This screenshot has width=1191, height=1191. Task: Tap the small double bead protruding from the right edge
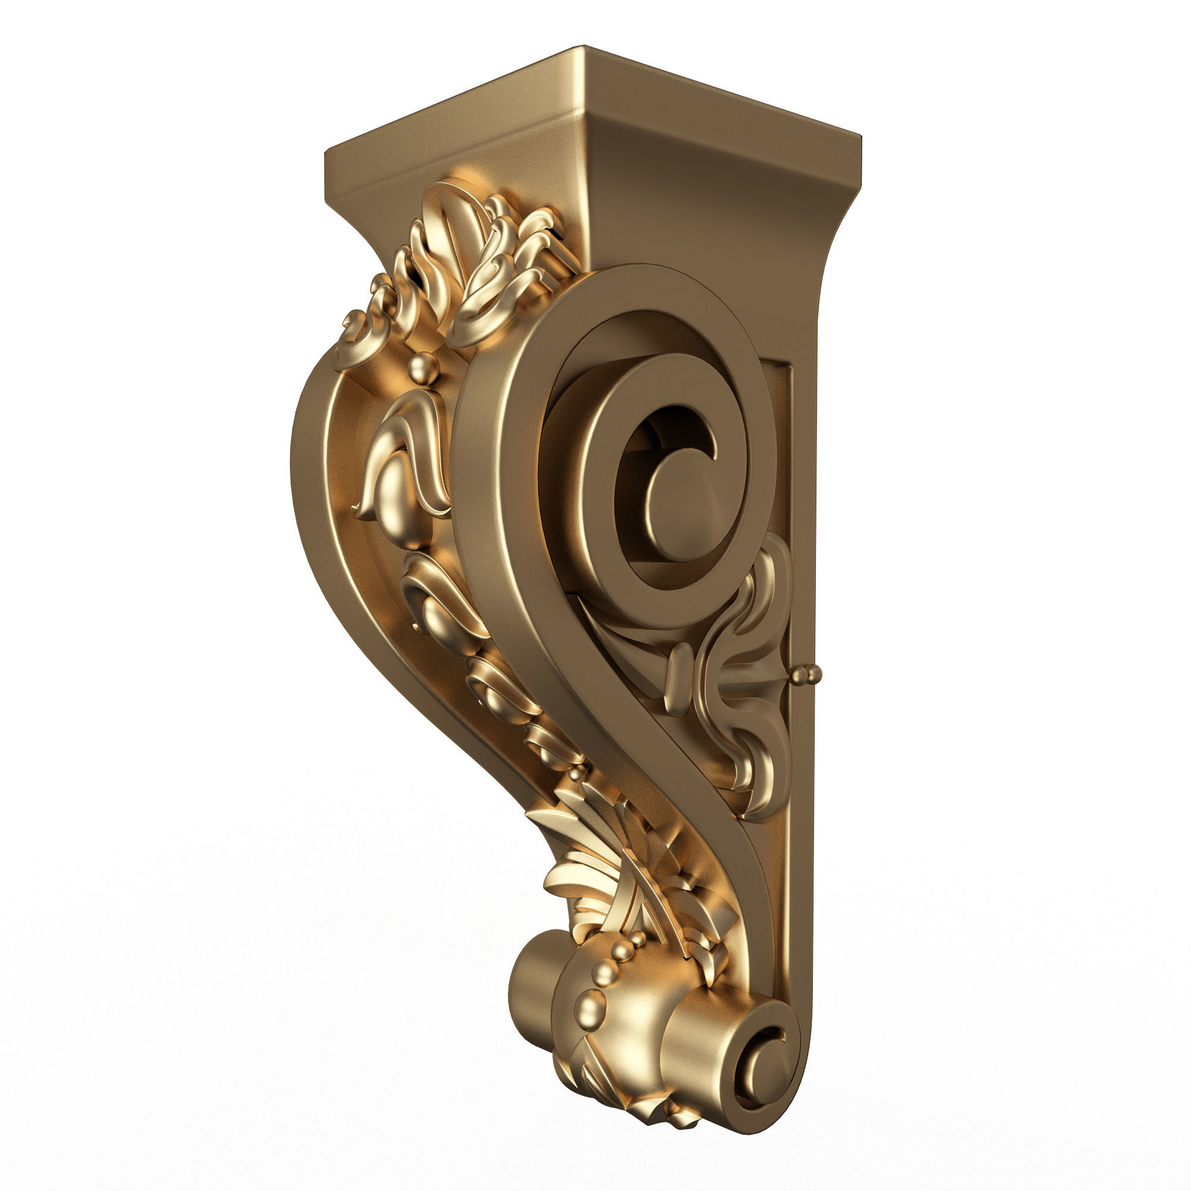coord(807,675)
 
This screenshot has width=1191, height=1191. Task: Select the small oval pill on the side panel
coord(678,678)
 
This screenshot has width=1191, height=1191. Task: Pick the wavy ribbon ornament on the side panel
coord(740,678)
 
